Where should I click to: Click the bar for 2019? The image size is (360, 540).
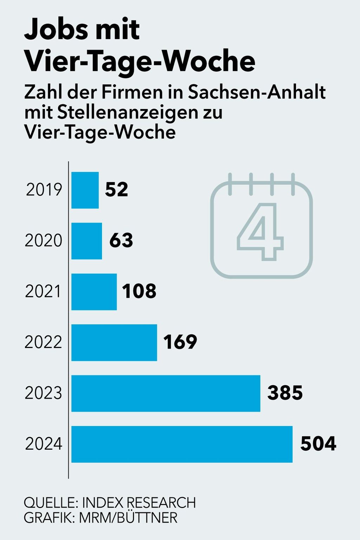pyautogui.click(x=85, y=190)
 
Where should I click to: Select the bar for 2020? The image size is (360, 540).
pyautogui.click(x=86, y=241)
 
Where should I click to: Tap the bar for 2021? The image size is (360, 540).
pyautogui.click(x=94, y=292)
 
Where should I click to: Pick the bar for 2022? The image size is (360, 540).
pyautogui.click(x=114, y=342)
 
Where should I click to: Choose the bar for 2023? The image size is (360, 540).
pyautogui.click(x=166, y=393)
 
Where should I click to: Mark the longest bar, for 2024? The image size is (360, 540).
pyautogui.click(x=182, y=444)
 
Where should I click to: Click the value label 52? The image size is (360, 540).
pyautogui.click(x=117, y=189)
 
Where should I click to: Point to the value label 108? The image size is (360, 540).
pyautogui.click(x=139, y=291)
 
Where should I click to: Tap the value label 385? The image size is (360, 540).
pyautogui.click(x=285, y=393)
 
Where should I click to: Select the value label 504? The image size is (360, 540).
pyautogui.click(x=318, y=444)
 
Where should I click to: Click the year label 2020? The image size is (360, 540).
pyautogui.click(x=44, y=241)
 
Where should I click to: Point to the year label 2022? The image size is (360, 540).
pyautogui.click(x=44, y=342)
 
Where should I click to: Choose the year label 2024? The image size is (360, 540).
pyautogui.click(x=44, y=444)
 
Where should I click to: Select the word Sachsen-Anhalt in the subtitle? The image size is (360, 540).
pyautogui.click(x=257, y=92)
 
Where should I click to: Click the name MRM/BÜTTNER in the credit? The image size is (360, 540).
pyautogui.click(x=128, y=518)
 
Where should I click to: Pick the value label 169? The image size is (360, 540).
pyautogui.click(x=180, y=342)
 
